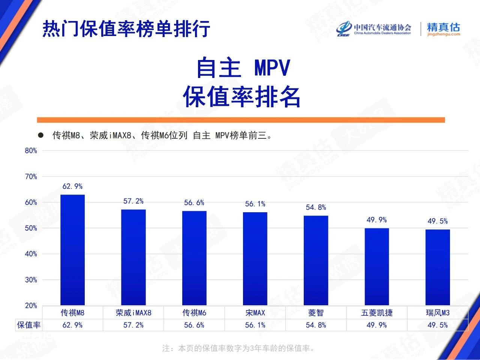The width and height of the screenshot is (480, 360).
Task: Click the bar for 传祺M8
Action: [72, 250]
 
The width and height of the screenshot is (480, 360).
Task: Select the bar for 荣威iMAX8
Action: [133, 257]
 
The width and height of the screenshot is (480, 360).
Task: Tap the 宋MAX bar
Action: [255, 259]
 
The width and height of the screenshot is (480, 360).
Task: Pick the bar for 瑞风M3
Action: [438, 267]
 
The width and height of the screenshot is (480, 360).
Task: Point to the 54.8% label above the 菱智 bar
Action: [316, 207]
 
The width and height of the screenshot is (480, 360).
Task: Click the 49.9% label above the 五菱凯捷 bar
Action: [376, 220]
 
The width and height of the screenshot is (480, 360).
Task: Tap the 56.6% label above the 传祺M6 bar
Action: [194, 203]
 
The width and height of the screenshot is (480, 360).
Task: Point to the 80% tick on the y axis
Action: [31, 151]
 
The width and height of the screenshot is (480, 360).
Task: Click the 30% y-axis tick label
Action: [31, 280]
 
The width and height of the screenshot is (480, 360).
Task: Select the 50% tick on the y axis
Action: [31, 228]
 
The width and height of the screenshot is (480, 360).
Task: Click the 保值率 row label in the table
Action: [29, 325]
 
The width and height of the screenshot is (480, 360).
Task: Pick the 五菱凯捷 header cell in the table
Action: [376, 313]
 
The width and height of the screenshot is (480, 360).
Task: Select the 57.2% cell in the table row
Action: [133, 325]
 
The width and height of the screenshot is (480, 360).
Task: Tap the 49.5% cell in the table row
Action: [438, 325]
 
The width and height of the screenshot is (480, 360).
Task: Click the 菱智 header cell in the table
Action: [316, 313]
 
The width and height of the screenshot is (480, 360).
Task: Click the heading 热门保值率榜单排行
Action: [126, 28]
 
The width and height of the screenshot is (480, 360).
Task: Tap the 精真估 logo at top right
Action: [443, 29]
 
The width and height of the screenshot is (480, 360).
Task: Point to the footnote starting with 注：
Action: [239, 348]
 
